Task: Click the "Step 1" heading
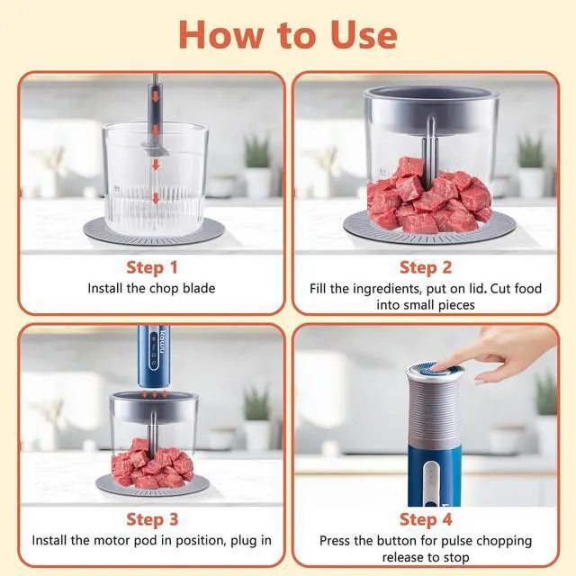coord(151,267)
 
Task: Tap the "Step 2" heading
coord(425,267)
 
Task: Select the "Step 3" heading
coord(151,519)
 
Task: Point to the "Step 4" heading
coord(425,519)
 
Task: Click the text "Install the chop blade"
coord(151,289)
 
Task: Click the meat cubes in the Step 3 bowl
coord(153,463)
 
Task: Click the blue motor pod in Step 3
coord(151,355)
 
